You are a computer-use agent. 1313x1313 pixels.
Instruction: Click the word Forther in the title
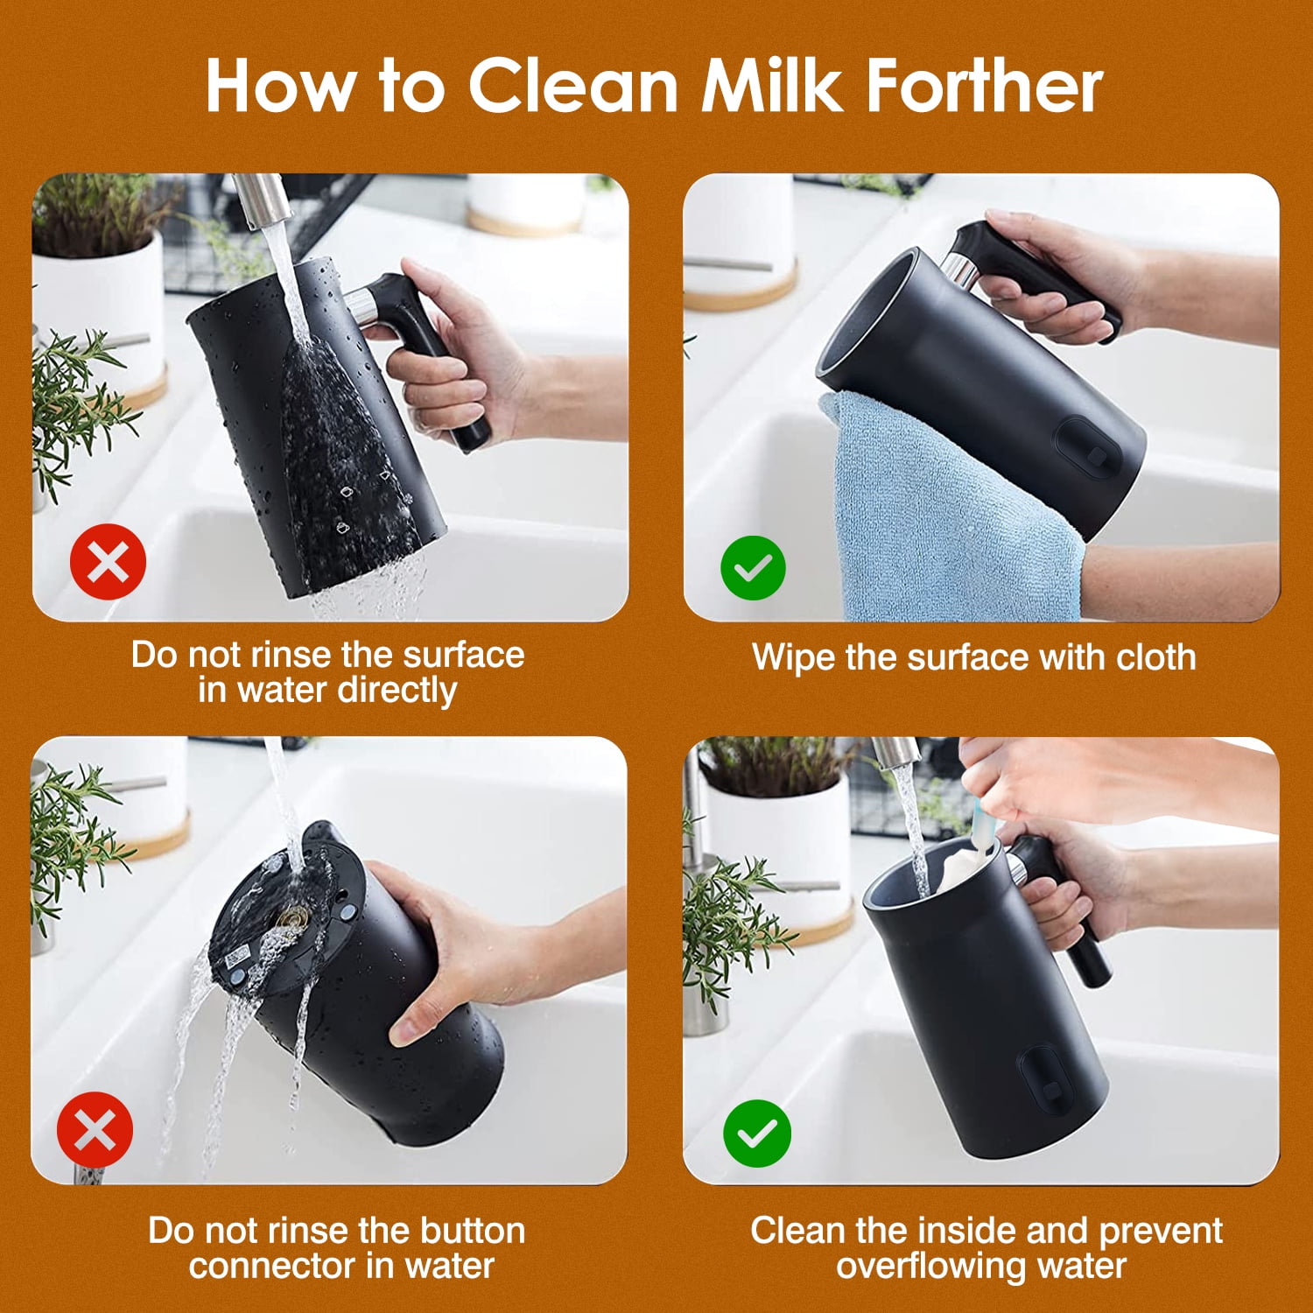(x=984, y=86)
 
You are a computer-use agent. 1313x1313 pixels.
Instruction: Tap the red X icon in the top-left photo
(x=108, y=561)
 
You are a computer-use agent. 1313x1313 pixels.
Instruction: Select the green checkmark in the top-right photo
(x=753, y=567)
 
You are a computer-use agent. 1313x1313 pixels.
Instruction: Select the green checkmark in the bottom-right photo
(x=756, y=1134)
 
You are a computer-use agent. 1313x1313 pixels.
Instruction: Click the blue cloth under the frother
(x=945, y=516)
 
